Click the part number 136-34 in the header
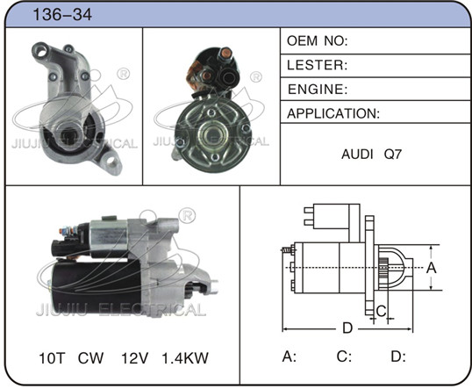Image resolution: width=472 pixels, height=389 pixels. coord(62,14)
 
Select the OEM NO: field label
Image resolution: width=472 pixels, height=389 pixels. coord(318,41)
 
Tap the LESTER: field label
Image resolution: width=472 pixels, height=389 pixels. coord(317,65)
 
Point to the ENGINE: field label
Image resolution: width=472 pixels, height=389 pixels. coord(318,90)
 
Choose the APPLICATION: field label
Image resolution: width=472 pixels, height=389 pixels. coord(333,113)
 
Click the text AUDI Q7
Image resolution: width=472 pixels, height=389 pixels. coord(371,155)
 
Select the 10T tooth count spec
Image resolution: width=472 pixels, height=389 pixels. coord(52,358)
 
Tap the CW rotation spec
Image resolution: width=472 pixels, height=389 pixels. coord(90,358)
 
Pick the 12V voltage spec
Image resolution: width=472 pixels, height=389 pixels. coord(134,358)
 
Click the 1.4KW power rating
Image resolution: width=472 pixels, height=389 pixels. coord(185,358)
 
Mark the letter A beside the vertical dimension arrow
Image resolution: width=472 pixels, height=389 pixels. coord(432,267)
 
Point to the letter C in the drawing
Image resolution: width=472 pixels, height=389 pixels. coord(381,311)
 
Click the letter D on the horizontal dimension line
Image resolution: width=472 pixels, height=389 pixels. coord(347,328)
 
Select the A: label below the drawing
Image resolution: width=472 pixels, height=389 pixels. coord(290,357)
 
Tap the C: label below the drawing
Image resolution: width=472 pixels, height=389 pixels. coord(344,357)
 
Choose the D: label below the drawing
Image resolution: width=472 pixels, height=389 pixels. coord(398,357)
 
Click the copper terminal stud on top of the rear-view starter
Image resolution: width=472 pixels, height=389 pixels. coord(225,54)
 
